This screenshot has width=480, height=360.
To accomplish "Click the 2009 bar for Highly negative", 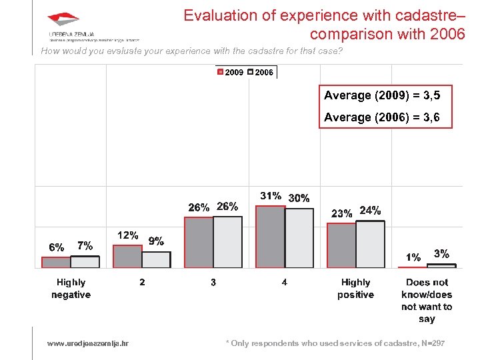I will click(x=56, y=262).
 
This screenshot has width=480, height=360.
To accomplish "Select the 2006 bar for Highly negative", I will click(x=85, y=262).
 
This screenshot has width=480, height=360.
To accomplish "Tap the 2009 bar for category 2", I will click(x=127, y=257).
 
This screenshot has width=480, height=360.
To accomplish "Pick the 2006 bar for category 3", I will click(x=227, y=242).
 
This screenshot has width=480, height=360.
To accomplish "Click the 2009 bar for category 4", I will click(x=270, y=237).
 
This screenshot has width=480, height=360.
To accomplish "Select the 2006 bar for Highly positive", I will click(x=370, y=245).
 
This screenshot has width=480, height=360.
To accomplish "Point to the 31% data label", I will click(x=270, y=196).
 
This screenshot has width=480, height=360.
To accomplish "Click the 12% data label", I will click(x=127, y=235).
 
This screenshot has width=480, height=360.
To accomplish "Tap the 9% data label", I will click(x=156, y=241).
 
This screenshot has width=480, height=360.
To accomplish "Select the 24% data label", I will click(x=370, y=211).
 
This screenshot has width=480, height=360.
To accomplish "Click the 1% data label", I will click(x=413, y=257).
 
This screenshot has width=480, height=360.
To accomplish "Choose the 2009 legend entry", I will click(x=230, y=72).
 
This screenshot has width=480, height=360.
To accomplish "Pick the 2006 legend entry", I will click(x=260, y=72).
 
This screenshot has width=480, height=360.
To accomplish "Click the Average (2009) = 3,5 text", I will click(x=382, y=95).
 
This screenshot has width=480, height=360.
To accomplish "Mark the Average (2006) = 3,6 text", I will click(x=382, y=117).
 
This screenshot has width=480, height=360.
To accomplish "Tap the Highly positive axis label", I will click(x=355, y=289).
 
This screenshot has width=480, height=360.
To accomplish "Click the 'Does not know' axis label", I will click(x=427, y=301).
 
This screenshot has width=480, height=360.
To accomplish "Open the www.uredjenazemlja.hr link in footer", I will click(x=88, y=343).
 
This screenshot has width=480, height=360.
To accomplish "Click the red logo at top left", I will click(x=63, y=20).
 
